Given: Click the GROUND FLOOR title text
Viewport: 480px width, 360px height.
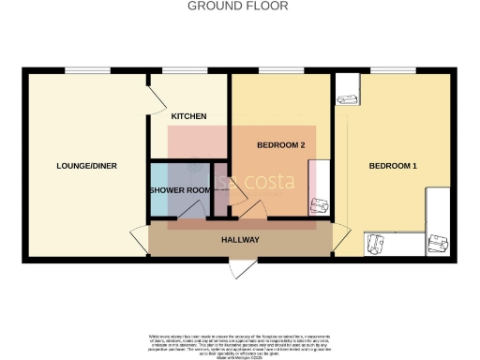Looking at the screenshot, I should click(238, 6).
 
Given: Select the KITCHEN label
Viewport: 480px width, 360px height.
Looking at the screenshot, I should click(188, 116).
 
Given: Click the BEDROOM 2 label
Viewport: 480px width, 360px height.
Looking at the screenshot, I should click(280, 144).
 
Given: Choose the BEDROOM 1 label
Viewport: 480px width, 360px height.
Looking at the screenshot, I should click(392, 166).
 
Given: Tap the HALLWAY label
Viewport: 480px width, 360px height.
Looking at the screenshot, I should click(240, 240).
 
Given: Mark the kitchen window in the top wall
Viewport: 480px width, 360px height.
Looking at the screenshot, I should click(181, 69).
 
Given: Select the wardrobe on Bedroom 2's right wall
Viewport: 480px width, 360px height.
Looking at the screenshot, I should click(320, 187).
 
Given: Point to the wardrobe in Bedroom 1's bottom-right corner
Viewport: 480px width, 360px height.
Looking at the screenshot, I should click(438, 223).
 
